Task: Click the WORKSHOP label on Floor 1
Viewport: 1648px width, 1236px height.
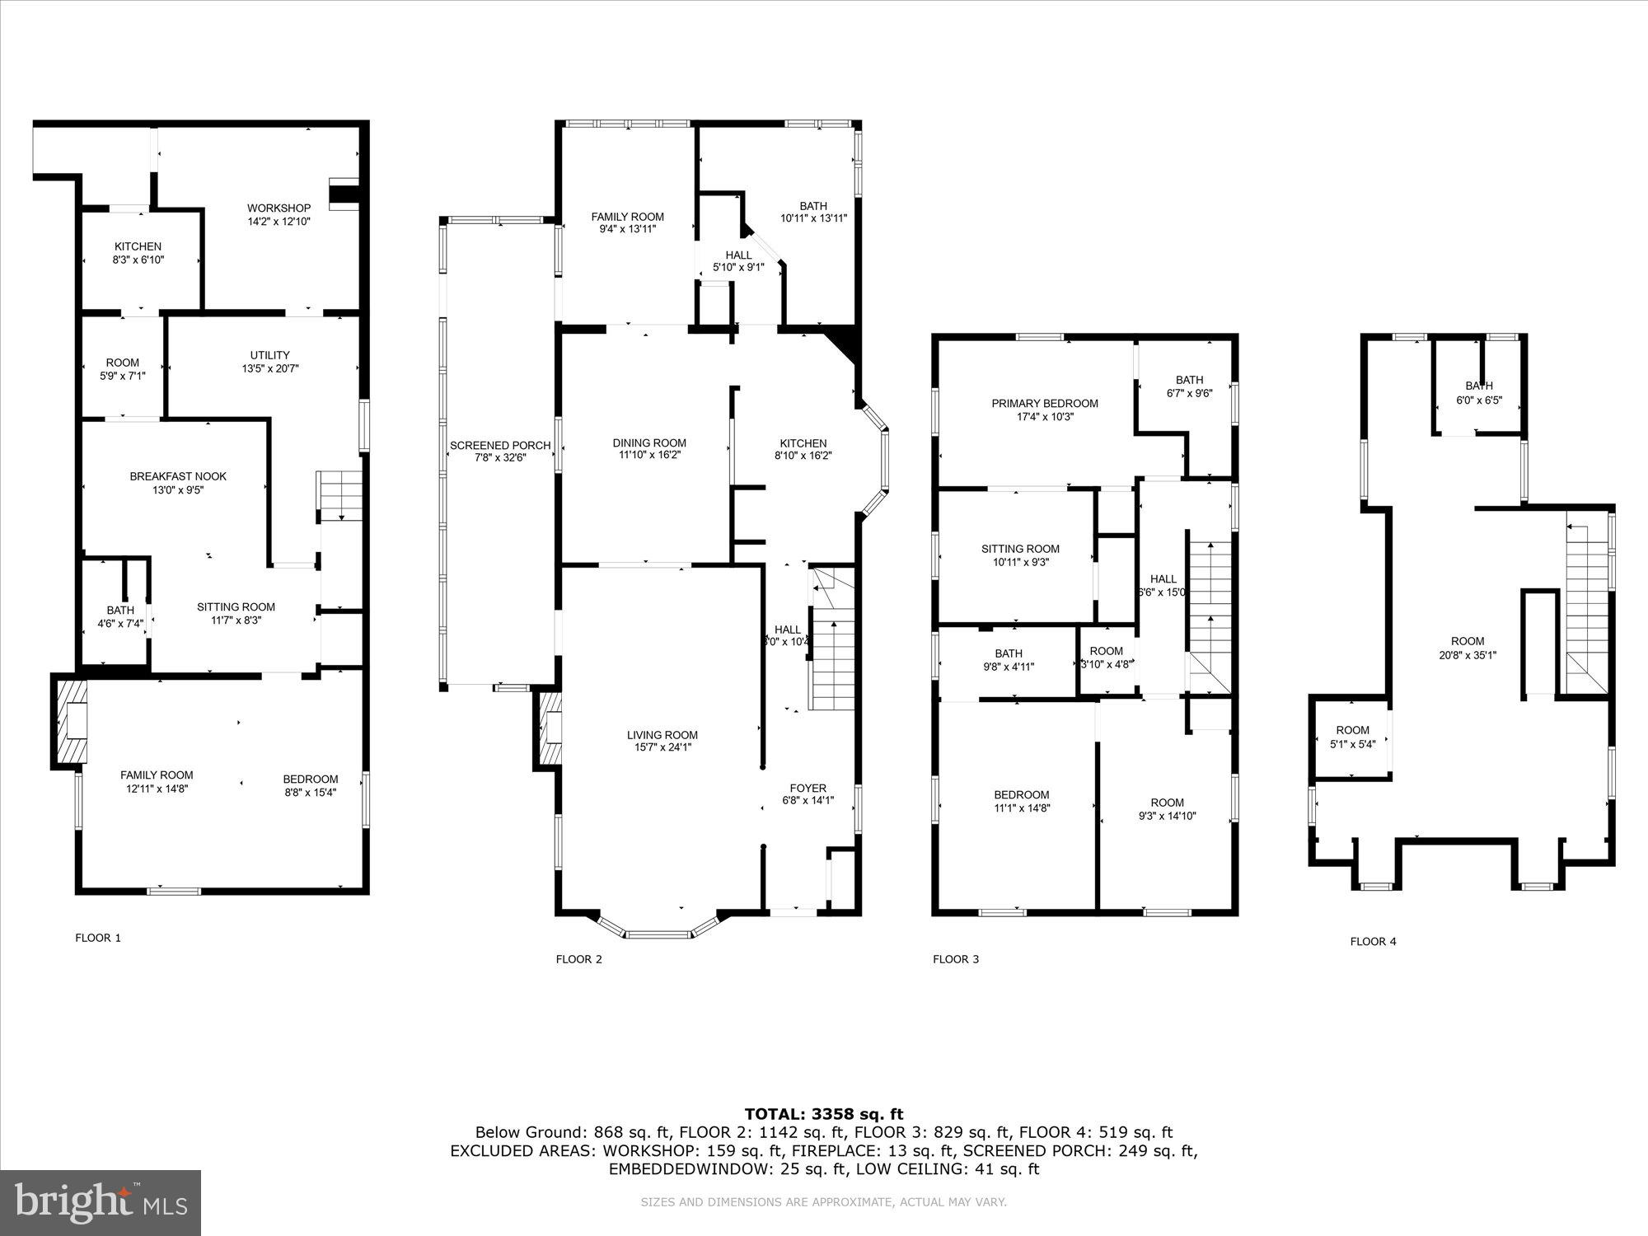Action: (279, 208)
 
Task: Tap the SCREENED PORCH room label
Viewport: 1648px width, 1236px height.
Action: (499, 446)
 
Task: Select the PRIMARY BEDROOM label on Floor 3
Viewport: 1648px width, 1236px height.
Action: (1044, 404)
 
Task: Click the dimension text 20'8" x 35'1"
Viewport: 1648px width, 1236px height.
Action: (1468, 655)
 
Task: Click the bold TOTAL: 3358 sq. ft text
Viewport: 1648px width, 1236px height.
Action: (823, 1114)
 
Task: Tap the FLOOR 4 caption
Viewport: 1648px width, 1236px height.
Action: (1373, 941)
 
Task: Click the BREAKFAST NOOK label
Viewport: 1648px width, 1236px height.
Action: (178, 476)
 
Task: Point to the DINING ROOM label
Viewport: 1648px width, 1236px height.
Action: (649, 442)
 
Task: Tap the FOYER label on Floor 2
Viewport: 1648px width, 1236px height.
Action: (808, 788)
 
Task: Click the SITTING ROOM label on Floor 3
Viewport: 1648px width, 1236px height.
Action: (1020, 549)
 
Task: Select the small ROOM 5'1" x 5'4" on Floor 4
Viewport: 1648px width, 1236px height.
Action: (1352, 737)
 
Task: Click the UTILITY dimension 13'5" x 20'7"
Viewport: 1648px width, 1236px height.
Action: (270, 368)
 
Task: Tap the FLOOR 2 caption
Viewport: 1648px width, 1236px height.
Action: (578, 958)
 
